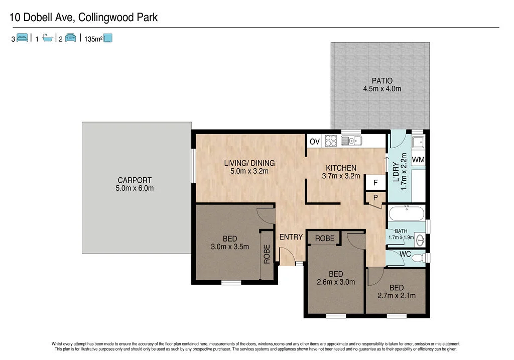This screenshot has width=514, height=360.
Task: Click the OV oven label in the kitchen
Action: (x=315, y=142)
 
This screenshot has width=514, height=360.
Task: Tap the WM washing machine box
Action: (x=418, y=160)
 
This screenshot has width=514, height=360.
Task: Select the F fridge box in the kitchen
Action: (x=374, y=182)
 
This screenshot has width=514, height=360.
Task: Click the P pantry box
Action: (x=374, y=198)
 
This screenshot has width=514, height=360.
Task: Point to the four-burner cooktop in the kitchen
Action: (x=331, y=141)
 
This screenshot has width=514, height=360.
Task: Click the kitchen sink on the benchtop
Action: (x=351, y=141)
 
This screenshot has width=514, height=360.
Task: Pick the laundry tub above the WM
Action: (x=418, y=143)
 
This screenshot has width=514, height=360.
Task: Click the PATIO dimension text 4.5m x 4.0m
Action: (x=382, y=89)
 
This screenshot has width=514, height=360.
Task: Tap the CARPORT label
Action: (x=135, y=180)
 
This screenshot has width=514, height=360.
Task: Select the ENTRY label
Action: (x=291, y=237)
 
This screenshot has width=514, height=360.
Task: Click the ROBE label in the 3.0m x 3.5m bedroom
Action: (x=267, y=254)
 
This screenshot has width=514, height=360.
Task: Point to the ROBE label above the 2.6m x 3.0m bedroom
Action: (x=325, y=238)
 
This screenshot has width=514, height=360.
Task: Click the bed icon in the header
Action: (x=22, y=38)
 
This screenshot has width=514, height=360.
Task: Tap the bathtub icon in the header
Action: (x=48, y=38)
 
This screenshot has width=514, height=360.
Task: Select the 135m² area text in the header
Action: (x=93, y=38)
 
